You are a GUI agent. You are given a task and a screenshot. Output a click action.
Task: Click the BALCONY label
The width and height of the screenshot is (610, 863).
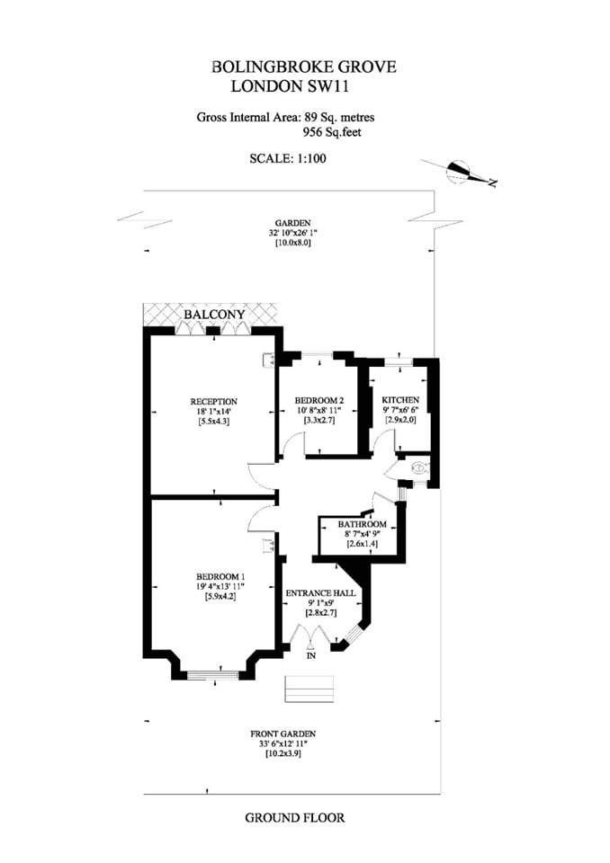[214, 315]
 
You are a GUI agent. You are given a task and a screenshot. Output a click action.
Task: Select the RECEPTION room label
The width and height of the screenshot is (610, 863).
[214, 402]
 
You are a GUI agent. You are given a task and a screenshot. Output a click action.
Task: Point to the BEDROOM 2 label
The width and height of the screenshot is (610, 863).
[319, 400]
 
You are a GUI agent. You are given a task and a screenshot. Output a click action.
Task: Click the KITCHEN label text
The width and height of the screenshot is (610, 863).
[400, 399]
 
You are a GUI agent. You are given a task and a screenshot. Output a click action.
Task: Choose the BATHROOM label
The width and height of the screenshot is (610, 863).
[362, 524]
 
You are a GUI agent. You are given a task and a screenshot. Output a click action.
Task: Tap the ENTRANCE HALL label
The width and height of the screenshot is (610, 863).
[320, 593]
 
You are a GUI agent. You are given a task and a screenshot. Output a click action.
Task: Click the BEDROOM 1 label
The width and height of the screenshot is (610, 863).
[220, 576]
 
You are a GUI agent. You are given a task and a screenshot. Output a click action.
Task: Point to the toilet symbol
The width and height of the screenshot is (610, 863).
[419, 469]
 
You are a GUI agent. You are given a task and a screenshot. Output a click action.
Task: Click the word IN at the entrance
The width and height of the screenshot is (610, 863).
[311, 656]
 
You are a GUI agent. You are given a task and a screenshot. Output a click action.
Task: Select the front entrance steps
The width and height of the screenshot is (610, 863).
[309, 689]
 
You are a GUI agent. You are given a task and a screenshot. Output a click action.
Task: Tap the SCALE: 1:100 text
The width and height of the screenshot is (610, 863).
[288, 158]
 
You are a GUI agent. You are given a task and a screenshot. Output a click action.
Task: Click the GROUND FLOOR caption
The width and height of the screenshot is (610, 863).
[295, 818]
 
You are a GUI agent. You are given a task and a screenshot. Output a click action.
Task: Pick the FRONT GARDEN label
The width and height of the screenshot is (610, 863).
[283, 734]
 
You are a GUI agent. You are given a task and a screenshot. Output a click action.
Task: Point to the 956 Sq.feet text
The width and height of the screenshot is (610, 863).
[332, 132]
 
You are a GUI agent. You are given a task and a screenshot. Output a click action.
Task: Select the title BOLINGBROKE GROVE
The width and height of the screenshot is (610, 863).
[303, 67]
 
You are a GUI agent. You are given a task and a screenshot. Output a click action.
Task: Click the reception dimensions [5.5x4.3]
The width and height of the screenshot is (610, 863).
[214, 422]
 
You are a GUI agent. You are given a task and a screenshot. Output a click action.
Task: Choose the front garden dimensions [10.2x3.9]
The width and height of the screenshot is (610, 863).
[283, 753]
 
